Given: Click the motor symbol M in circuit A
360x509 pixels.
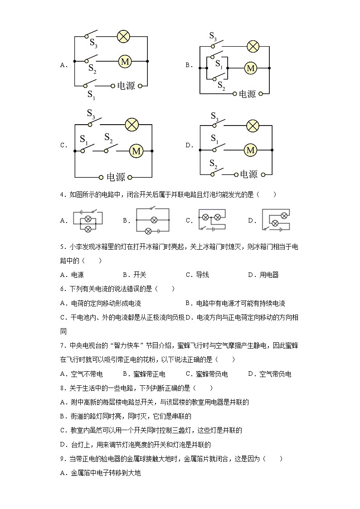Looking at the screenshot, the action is coord(125,61).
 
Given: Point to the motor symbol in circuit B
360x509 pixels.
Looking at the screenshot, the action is coord(250,68).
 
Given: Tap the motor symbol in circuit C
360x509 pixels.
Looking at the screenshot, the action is coord(136,151).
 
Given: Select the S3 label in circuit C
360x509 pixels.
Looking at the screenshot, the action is coord(91,113).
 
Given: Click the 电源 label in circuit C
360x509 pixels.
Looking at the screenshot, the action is coord(115,177).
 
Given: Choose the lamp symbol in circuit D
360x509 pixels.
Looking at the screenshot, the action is coord(252,126).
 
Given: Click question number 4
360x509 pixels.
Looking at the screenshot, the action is coord(62,194).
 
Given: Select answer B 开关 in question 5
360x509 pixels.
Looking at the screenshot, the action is coord(134,275).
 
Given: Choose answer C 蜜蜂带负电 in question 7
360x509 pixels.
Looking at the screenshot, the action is coord(206,374).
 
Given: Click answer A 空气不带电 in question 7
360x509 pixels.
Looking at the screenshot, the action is coord(81,374).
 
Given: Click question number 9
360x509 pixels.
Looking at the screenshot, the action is coord(62,459).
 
